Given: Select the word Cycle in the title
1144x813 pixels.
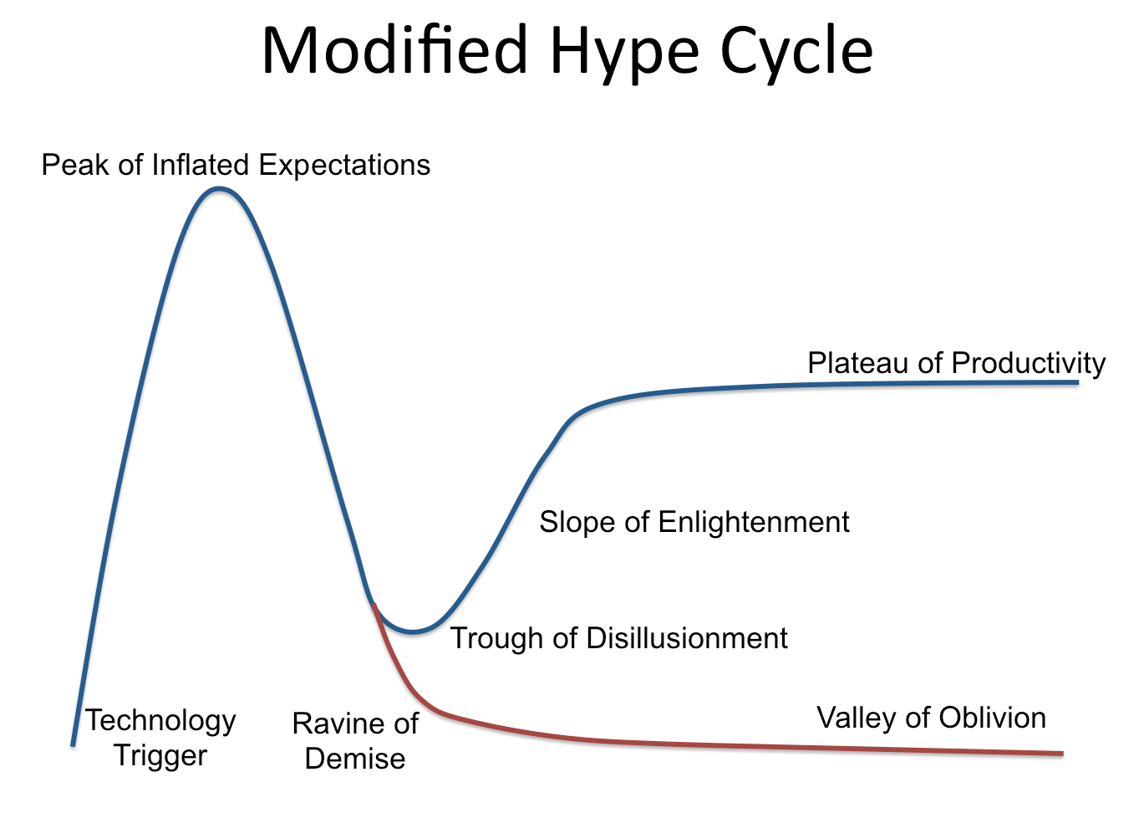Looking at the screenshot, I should click(797, 52).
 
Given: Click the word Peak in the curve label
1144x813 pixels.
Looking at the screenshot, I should click(76, 165).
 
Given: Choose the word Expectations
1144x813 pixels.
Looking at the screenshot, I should click(344, 166).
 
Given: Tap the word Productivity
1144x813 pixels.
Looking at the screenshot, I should click(1029, 364).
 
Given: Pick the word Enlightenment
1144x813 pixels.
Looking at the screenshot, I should click(753, 523).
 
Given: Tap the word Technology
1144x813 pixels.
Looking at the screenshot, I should click(160, 721).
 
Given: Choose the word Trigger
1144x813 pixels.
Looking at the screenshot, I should click(160, 755).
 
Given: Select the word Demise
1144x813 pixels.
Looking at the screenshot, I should click(355, 759).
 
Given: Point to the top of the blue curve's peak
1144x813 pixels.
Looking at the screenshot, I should click(219, 189).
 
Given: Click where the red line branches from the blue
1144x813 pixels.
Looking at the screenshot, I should click(373, 604).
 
